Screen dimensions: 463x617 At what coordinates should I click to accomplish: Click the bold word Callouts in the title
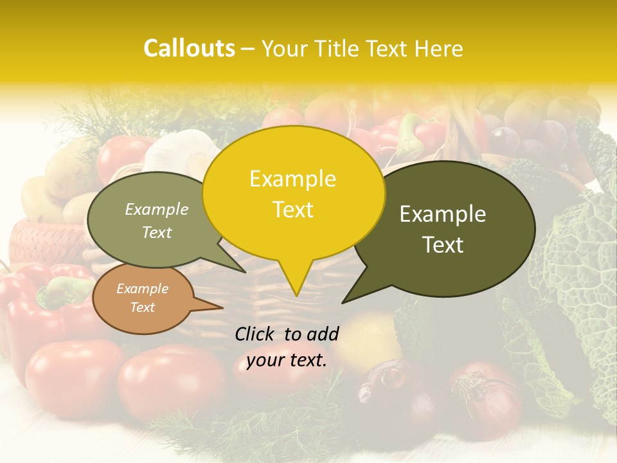pos(189,48)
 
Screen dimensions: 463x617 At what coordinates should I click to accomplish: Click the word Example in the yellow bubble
pos(292,179)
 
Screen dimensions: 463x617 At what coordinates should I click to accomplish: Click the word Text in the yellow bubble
pos(292,210)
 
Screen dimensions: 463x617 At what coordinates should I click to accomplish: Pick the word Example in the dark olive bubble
pos(443,214)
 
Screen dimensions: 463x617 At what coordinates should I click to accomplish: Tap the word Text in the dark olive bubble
pos(443,245)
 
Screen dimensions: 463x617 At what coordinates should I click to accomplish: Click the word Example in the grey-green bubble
pos(156,209)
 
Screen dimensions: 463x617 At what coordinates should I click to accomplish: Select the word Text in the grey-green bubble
pos(156,232)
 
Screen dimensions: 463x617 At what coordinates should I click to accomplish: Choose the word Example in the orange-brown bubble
pos(142,289)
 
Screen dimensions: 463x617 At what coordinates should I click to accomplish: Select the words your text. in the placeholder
pos(287,361)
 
